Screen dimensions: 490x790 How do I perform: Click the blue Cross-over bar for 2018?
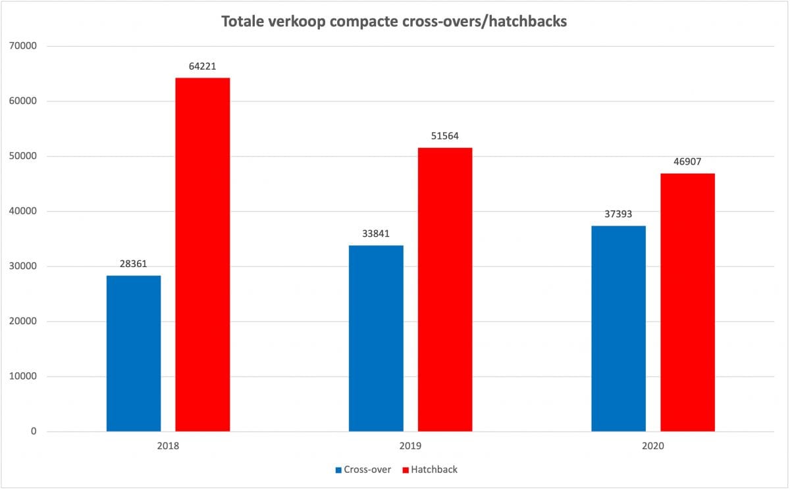tap(134, 353)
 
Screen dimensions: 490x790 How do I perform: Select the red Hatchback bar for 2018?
tap(203, 255)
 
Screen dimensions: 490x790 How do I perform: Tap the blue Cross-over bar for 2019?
tap(376, 338)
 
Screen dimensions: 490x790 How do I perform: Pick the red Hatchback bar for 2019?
tap(445, 289)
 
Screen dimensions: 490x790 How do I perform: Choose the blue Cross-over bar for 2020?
tap(618, 328)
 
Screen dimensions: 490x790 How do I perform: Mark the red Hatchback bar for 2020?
tap(687, 302)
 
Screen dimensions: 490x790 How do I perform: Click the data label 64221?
tap(203, 66)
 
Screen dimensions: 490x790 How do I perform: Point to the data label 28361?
tap(134, 264)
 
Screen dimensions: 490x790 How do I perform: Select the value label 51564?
tap(445, 136)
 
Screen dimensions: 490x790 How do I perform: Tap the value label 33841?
tap(376, 233)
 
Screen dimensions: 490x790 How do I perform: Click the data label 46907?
tap(687, 162)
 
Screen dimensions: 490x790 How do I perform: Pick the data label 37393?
tap(618, 214)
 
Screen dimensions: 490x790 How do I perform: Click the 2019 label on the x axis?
tap(411, 446)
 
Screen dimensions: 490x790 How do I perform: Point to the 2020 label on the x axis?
tap(653, 446)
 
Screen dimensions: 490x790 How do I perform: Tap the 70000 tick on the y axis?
tap(24, 46)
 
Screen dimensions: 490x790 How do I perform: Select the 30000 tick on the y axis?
tap(24, 266)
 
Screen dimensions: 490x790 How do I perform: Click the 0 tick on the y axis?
tap(34, 431)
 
